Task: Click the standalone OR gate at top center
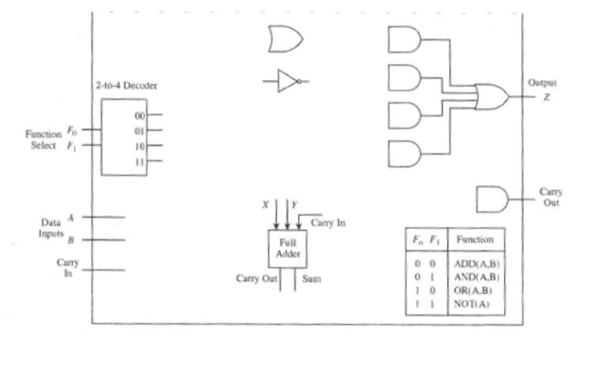[285, 39]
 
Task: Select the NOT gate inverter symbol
[287, 81]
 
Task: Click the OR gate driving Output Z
[492, 97]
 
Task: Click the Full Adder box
[287, 249]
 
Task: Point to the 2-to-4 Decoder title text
[126, 86]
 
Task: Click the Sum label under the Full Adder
[311, 278]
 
